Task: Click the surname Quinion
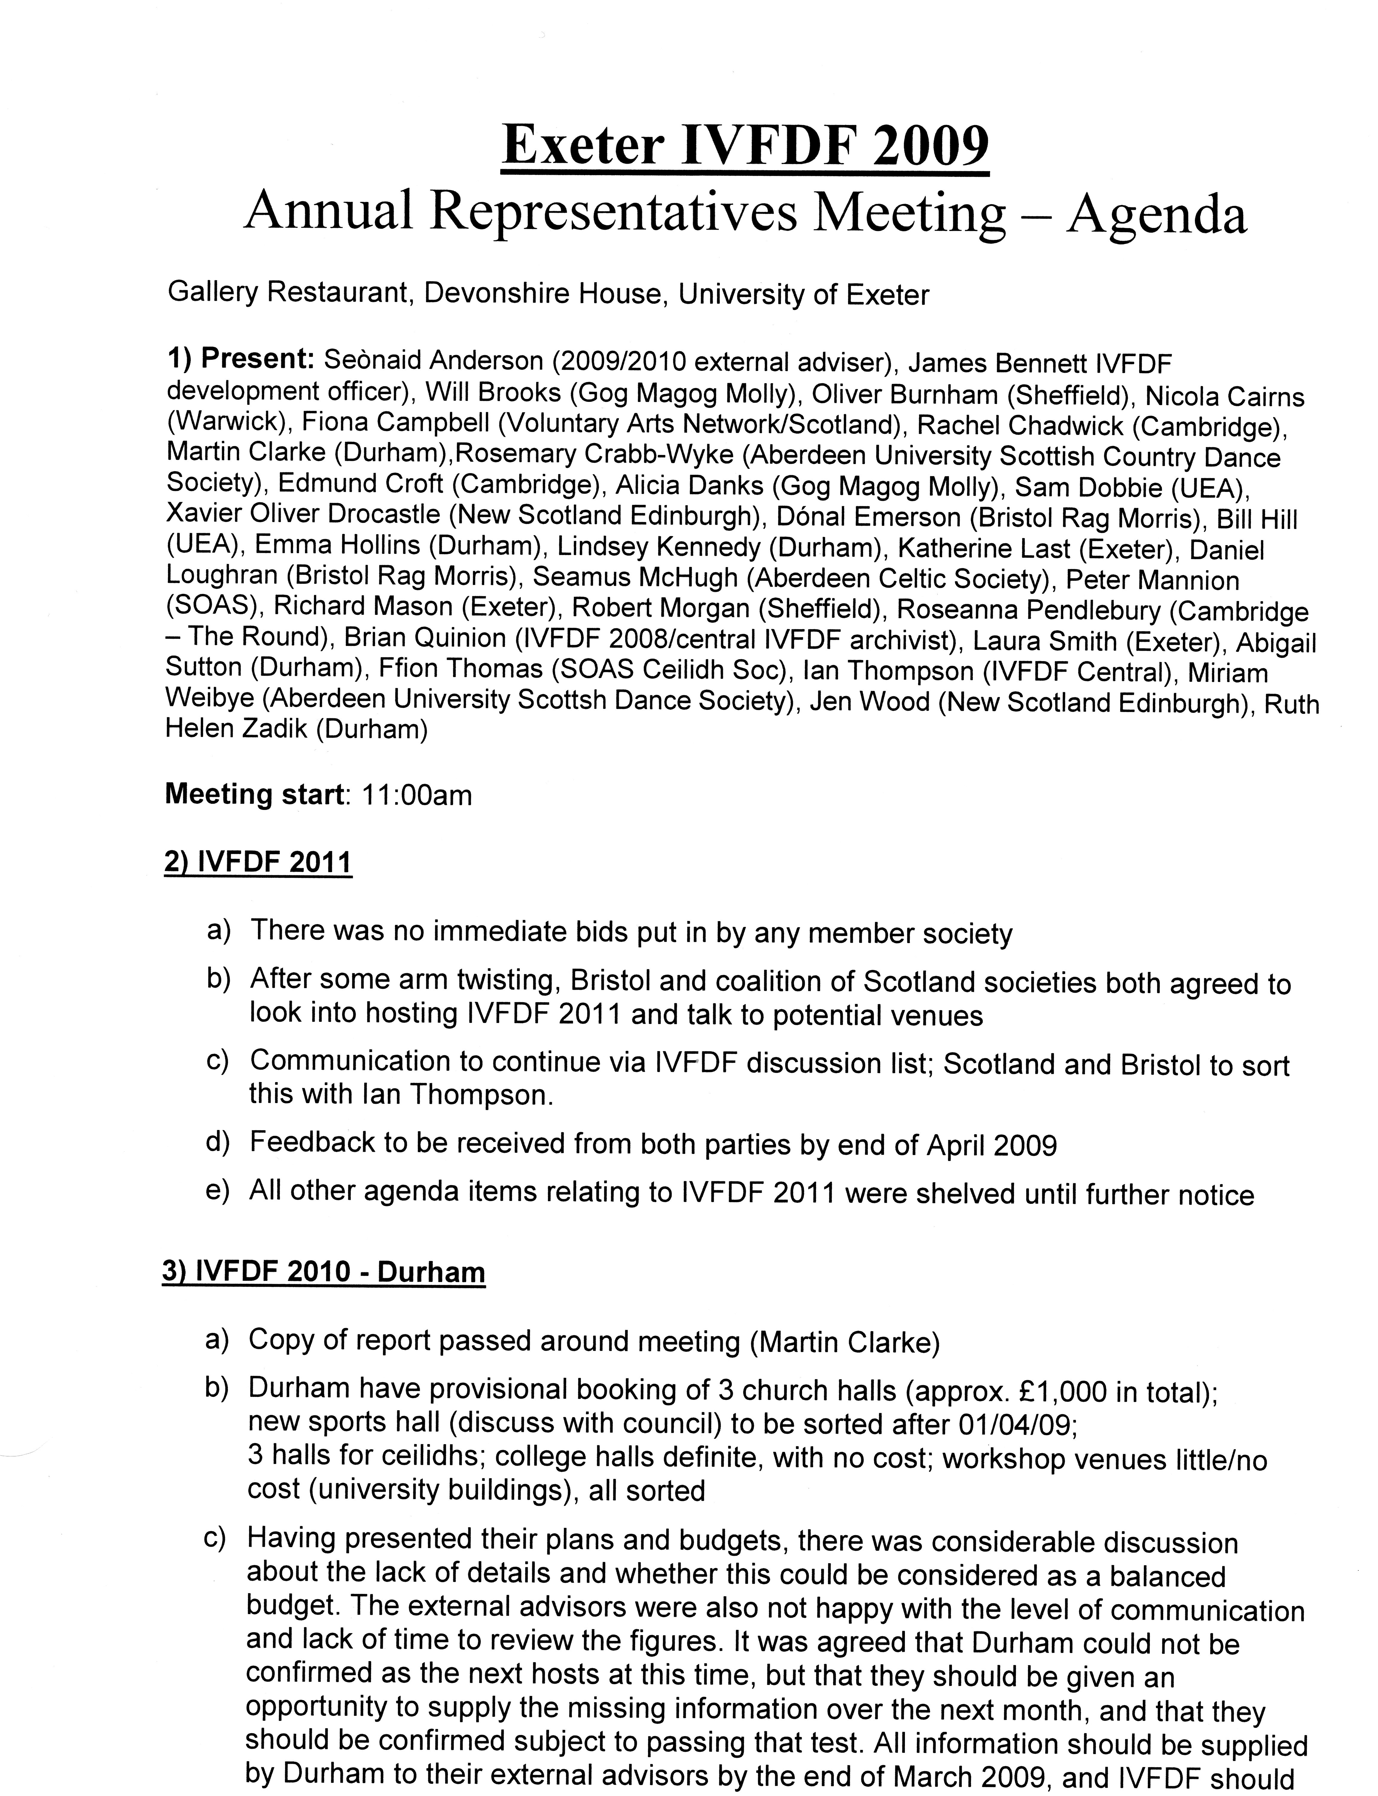tap(458, 638)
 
